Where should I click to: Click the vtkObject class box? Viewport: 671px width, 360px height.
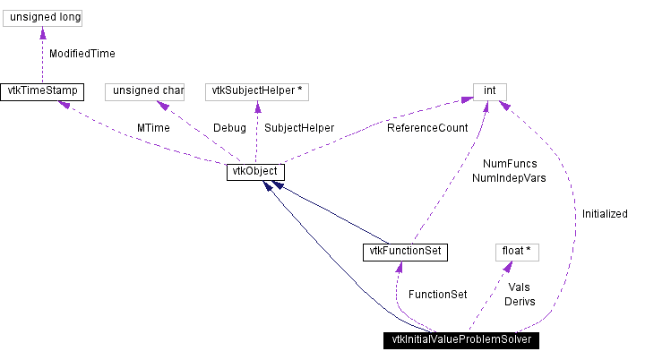tap(255, 171)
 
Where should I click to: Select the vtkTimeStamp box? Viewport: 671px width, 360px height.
tap(41, 91)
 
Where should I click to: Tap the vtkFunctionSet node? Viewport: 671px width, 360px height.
tap(404, 251)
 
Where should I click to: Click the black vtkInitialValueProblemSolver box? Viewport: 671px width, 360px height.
tap(462, 340)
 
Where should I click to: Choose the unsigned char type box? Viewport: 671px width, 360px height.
tap(144, 91)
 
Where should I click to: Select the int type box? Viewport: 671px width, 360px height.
tap(490, 91)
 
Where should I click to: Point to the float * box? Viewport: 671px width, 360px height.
tap(517, 252)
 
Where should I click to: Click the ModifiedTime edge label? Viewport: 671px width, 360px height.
tap(82, 54)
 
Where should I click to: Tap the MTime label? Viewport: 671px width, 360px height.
tap(154, 128)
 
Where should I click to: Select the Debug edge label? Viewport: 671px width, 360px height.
tap(229, 128)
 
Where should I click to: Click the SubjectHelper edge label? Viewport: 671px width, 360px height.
tap(299, 128)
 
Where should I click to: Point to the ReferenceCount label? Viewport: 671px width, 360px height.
tap(427, 128)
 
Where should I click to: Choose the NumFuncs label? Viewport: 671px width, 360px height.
tap(510, 165)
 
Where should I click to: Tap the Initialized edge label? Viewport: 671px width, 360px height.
tap(605, 214)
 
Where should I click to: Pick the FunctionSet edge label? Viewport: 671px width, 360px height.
tap(437, 295)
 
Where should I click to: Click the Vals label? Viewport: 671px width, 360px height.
tap(519, 287)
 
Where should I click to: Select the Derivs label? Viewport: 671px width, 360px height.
tap(520, 302)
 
